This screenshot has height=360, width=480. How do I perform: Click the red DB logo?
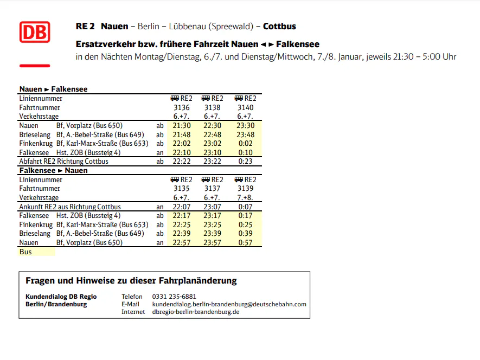pyautogui.click(x=35, y=32)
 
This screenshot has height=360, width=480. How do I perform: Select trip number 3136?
pyautogui.click(x=181, y=107)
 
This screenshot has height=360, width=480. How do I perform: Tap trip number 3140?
pyautogui.click(x=245, y=107)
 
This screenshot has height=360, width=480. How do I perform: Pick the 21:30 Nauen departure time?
pyautogui.click(x=181, y=126)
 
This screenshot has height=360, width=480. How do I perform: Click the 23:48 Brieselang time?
pyautogui.click(x=245, y=134)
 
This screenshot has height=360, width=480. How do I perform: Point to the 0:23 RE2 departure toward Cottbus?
pyautogui.click(x=245, y=161)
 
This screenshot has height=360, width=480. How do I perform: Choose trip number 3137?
pyautogui.click(x=212, y=188)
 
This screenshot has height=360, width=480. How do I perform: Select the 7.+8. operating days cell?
pyautogui.click(x=245, y=197)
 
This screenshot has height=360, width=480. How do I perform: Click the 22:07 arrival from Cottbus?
pyautogui.click(x=181, y=207)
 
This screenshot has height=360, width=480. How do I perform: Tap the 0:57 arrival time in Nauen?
pyautogui.click(x=245, y=242)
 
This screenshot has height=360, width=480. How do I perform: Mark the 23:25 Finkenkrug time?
pyautogui.click(x=212, y=224)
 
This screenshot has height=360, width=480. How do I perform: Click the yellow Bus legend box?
pyautogui.click(x=37, y=252)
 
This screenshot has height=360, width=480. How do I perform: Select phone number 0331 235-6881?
pyautogui.click(x=174, y=297)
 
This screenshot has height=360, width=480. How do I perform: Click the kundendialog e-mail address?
pyautogui.click(x=229, y=304)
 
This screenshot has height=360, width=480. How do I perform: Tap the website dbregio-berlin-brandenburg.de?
pyautogui.click(x=196, y=312)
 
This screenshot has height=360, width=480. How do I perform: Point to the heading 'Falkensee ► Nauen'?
pyautogui.click(x=53, y=170)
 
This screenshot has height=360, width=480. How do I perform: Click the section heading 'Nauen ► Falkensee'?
pyautogui.click(x=53, y=89)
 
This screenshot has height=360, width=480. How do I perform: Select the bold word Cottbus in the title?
pyautogui.click(x=279, y=26)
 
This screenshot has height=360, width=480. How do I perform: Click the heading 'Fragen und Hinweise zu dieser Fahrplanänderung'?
pyautogui.click(x=131, y=281)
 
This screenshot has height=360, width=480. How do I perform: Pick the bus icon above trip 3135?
pyautogui.click(x=175, y=179)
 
